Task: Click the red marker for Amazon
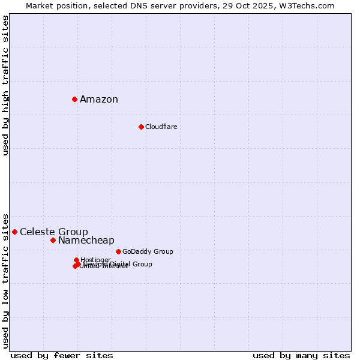[x=74, y=99]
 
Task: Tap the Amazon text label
[x=99, y=100]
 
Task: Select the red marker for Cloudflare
[x=141, y=127]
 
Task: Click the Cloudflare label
[x=161, y=127]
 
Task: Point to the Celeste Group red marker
[x=14, y=232]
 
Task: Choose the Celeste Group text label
[x=54, y=232]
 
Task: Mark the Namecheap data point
[x=53, y=240]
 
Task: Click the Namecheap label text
[x=86, y=241]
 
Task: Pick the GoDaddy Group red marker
[x=118, y=251]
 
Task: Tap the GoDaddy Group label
[x=148, y=252]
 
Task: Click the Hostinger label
[x=95, y=260]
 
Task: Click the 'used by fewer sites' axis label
[x=62, y=356]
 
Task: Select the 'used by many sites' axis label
[x=301, y=356]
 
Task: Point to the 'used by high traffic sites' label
[x=5, y=85]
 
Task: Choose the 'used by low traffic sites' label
[x=5, y=280]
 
